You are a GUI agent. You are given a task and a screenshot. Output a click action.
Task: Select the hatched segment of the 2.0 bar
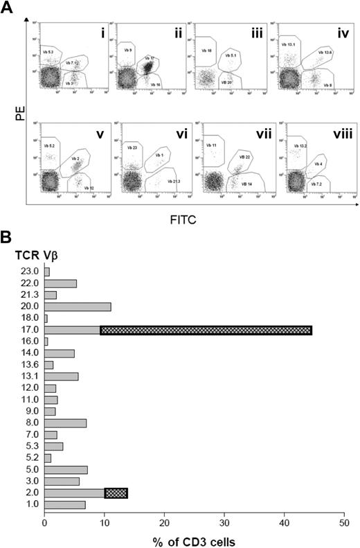point(116,493)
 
